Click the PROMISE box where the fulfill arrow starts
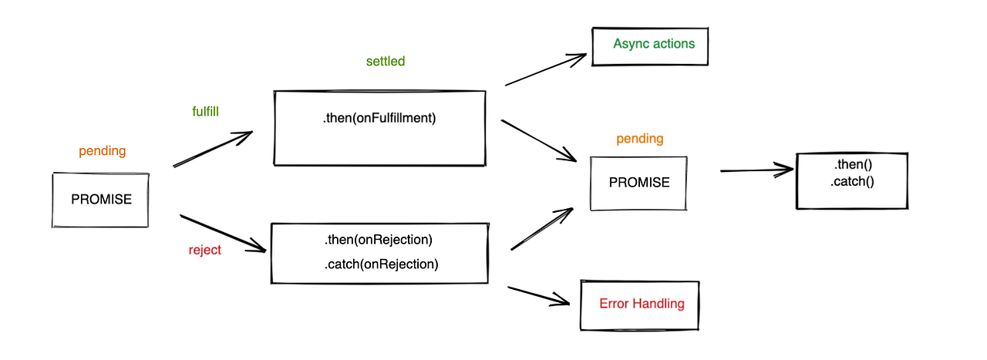(100, 200)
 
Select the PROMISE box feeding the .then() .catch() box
(638, 183)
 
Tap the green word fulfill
(205, 111)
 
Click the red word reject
(204, 250)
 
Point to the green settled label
(386, 61)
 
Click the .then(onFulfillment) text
(379, 119)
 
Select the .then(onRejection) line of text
(379, 239)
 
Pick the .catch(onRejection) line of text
(381, 264)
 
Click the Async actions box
(649, 45)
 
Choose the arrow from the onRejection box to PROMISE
(542, 229)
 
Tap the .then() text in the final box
(852, 166)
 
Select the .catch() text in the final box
(852, 182)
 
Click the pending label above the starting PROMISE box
(102, 151)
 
